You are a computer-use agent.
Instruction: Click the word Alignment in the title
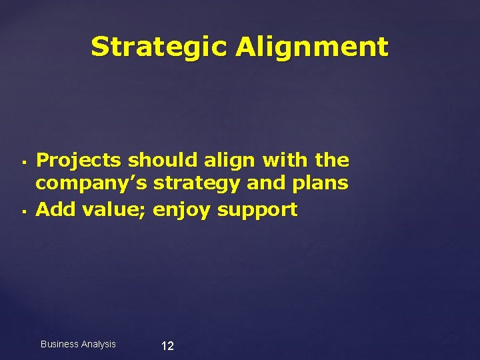(x=311, y=47)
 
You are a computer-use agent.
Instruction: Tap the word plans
(x=318, y=183)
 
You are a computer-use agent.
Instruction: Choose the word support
(x=257, y=211)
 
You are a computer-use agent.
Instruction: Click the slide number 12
(x=167, y=346)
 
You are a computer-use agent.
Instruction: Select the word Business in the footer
(x=59, y=344)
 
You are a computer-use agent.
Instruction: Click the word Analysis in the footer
(x=98, y=344)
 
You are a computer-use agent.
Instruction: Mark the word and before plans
(x=265, y=183)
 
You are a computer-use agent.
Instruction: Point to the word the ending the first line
(x=332, y=160)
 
